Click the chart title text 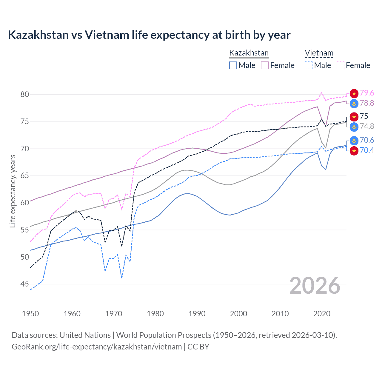point(149,35)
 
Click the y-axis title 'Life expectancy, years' point(13,191)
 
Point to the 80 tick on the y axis point(25,95)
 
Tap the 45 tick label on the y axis point(25,284)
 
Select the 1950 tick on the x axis point(30,314)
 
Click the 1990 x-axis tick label point(197,314)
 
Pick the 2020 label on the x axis point(322,314)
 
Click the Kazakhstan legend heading point(249,53)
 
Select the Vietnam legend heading point(319,53)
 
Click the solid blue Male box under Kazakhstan point(233,65)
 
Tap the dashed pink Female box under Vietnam point(341,65)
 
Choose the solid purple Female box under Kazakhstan point(265,65)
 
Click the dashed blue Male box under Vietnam point(309,65)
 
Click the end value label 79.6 point(367,93)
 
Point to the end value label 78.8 point(367,103)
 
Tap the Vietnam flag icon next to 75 point(354,116)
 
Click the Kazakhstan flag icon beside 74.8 point(354,127)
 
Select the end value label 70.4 point(367,150)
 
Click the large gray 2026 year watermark point(315,286)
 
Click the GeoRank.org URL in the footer point(97,347)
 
